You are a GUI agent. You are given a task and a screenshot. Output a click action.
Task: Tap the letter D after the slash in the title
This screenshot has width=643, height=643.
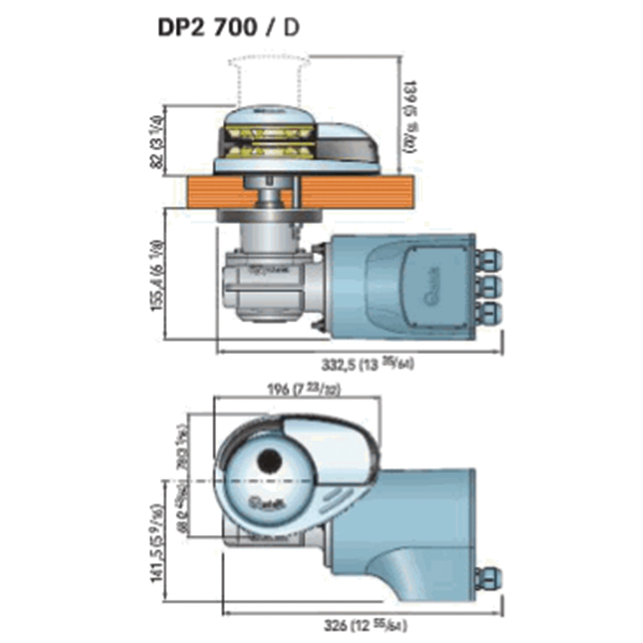click(292, 29)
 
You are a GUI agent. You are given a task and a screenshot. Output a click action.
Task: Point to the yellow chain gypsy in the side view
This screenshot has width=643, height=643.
click(269, 141)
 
